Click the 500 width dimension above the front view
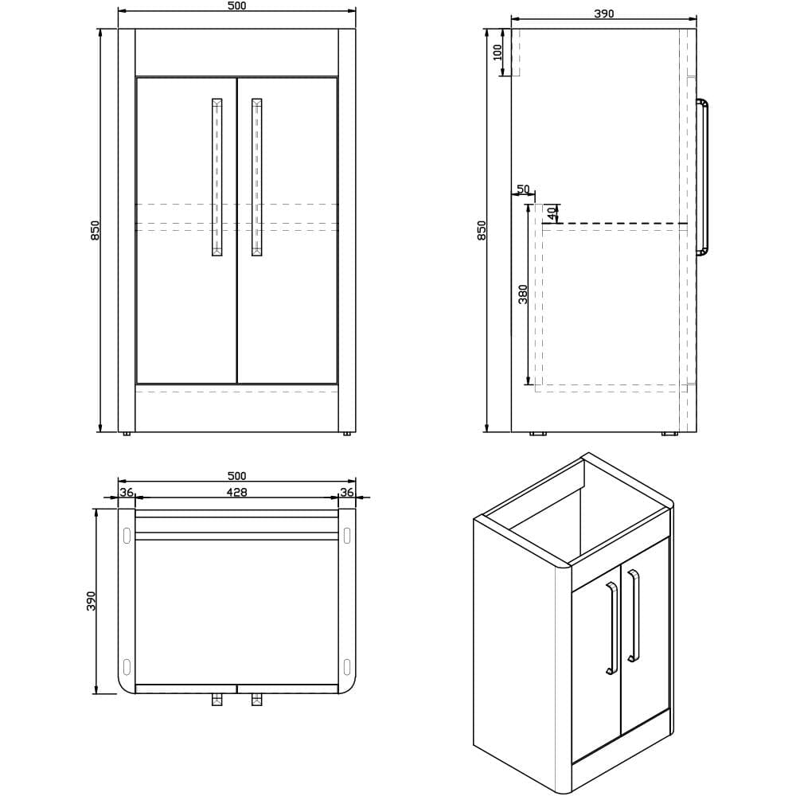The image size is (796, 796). tap(236, 6)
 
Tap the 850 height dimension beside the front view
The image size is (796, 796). tap(96, 230)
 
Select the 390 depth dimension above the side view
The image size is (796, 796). tap(604, 13)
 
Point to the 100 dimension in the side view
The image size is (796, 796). tap(498, 53)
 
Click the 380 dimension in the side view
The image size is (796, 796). tap(523, 294)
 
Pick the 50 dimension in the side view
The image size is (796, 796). tap(523, 189)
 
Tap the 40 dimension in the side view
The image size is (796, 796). tap(552, 213)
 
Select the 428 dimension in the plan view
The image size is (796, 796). tap(236, 493)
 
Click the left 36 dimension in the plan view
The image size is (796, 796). tap(127, 493)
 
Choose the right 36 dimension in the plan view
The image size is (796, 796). tap(347, 493)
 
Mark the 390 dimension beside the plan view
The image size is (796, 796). tap(92, 601)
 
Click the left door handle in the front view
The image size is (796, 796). tap(217, 177)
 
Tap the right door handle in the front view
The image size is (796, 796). tap(256, 177)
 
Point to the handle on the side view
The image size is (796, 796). tap(703, 177)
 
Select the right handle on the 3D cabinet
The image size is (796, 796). tap(633, 615)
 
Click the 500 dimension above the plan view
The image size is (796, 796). tap(236, 476)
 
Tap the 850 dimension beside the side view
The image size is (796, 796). tap(482, 230)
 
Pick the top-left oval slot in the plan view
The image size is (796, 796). tap(127, 536)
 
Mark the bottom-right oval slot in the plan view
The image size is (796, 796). tap(346, 666)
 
